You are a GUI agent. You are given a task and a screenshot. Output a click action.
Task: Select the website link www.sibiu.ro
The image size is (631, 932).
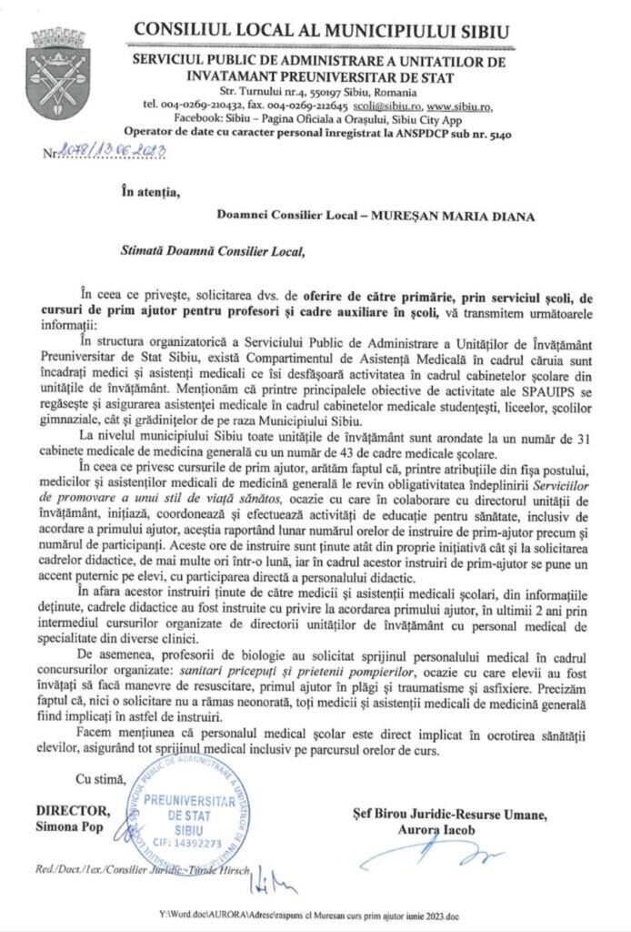[x=459, y=105]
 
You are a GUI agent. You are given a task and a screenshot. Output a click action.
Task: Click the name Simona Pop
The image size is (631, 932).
[x=70, y=826]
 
